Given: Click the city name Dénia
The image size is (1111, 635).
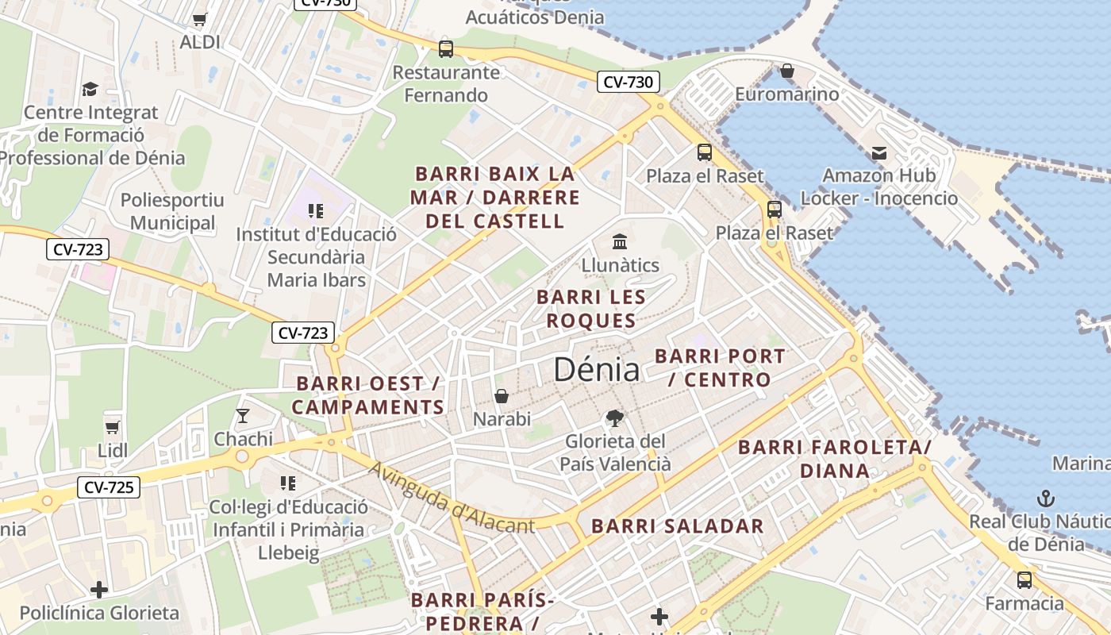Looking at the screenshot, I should coord(596,370).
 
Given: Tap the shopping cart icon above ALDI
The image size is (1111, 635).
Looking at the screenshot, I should coord(200,19).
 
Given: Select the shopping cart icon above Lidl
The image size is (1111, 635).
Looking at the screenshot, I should coord(112,427).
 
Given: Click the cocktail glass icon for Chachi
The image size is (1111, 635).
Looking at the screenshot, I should coord(243,415).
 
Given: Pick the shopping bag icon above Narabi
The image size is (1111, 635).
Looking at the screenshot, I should coord(502,395).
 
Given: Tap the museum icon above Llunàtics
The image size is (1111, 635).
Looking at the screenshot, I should coord(620,241).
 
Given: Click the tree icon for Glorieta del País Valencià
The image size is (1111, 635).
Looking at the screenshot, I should coord(614,418).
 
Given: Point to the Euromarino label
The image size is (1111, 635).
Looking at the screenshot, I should coord(786,94).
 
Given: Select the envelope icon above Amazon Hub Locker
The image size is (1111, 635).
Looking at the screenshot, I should coord(878,152).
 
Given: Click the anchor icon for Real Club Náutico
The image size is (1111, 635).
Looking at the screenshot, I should coord(1046,498).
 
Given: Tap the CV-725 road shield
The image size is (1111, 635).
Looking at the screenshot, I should coord(109,487).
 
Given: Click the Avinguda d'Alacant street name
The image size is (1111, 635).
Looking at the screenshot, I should coord(452,498).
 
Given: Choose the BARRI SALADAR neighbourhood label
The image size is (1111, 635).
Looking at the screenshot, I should coord(678,525).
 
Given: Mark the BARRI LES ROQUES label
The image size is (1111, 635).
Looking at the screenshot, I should coord(590,309).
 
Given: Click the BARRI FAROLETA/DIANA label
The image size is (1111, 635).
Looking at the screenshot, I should coord(835,459).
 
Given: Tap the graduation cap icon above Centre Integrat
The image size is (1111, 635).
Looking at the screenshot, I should coord(90,89).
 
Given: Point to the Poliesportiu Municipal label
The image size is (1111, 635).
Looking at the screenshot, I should coord(172,212).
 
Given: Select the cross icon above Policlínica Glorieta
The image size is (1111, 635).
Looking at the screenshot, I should coord(99,590).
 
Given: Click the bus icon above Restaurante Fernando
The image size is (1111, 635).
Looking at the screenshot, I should coord(446,49).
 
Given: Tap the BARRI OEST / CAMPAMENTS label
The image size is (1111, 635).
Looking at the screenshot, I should coord(368,395).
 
